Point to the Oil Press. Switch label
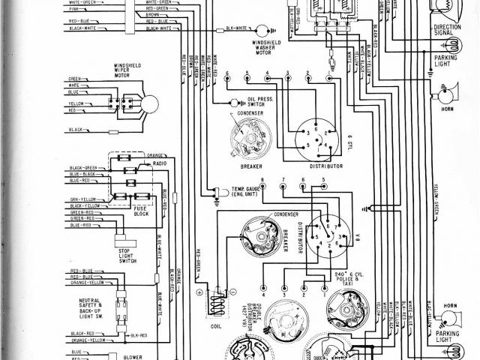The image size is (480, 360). (x=253, y=102)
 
